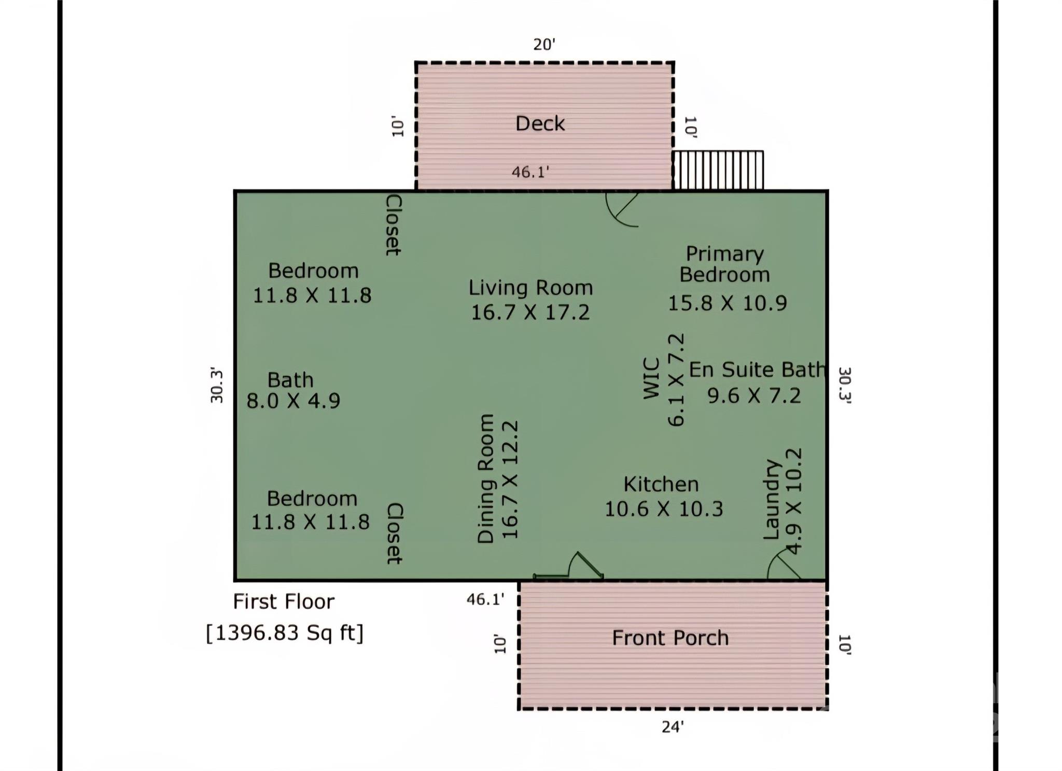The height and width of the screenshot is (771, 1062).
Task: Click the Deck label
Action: [540, 123]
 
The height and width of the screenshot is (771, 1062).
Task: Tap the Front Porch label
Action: [670, 638]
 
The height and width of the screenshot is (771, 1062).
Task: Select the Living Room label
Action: [530, 288]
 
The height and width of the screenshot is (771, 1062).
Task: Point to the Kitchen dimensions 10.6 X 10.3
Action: [664, 509]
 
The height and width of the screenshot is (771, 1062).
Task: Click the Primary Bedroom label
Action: [724, 264]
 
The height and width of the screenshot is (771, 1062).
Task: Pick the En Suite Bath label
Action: [757, 370]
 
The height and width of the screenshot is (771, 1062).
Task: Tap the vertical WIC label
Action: [651, 379]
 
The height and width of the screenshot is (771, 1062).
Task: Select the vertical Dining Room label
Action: [486, 479]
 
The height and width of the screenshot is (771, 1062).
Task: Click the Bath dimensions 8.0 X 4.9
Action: [294, 401]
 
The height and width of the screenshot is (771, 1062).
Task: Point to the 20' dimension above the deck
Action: [544, 45]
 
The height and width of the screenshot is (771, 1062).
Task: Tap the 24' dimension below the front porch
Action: [673, 727]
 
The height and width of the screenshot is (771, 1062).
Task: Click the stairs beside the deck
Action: [718, 170]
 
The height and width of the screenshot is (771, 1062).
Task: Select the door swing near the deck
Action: [622, 209]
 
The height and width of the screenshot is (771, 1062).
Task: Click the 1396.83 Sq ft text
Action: [285, 633]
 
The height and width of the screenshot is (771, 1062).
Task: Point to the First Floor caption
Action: [284, 601]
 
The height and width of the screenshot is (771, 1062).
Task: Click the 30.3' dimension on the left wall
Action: [217, 385]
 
